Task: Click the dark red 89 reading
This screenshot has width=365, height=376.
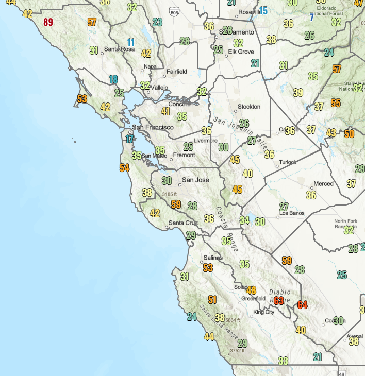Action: coord(48,22)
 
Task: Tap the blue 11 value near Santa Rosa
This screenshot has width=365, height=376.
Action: coord(131,43)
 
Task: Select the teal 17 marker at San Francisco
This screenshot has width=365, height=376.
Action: coord(129,139)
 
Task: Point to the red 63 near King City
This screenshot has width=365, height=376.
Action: coord(279,301)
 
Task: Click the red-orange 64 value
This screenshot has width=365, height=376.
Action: coord(302,305)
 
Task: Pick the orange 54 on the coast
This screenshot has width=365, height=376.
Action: coord(124,168)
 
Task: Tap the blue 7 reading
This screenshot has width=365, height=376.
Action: coord(311,18)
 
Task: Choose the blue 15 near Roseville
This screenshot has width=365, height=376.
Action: coord(263,11)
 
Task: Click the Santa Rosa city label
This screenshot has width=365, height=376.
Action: coord(119,49)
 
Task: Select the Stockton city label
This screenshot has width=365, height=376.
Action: coord(249,107)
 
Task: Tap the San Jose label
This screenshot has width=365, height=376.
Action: coord(196,180)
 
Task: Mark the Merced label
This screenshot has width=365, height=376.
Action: coord(324,184)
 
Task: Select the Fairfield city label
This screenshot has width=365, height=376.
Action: coord(177,72)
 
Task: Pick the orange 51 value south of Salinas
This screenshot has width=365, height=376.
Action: coord(212,300)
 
